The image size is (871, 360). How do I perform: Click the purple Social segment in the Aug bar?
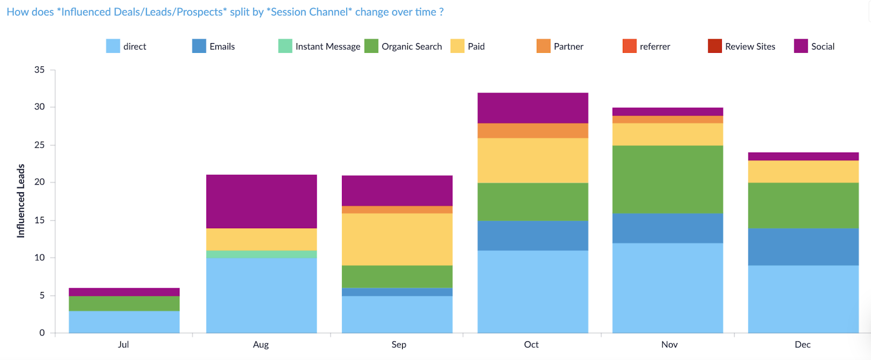[x=261, y=202]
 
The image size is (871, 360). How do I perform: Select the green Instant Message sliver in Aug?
[x=261, y=254]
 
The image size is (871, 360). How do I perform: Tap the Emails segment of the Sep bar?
[x=397, y=292]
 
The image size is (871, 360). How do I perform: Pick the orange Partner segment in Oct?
[x=533, y=131]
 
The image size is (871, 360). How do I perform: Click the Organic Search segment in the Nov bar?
[x=667, y=179]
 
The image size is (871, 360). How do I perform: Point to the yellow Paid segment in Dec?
[x=803, y=172]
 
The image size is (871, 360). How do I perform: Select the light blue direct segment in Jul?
[x=124, y=322]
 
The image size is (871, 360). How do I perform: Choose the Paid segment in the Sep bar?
[x=397, y=239]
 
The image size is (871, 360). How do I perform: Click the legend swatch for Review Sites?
[x=715, y=46]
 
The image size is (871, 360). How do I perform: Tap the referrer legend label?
[x=655, y=46]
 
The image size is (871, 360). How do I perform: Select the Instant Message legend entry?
[x=319, y=46]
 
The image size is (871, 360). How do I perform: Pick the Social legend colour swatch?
[x=801, y=46]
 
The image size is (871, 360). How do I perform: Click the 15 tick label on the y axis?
[x=39, y=220]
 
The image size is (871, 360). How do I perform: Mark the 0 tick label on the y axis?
[x=41, y=333]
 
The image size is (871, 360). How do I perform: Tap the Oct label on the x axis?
[x=531, y=344]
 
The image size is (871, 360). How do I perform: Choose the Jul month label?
[x=123, y=344]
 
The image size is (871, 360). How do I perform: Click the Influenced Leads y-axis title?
[x=21, y=201]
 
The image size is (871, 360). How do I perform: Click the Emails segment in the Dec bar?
[x=803, y=247]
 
